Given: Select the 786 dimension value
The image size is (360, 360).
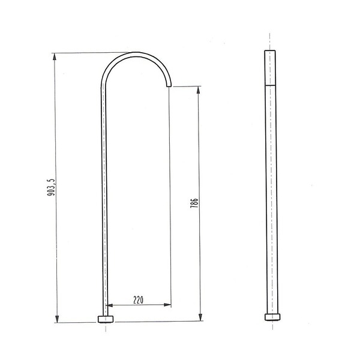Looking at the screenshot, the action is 194,203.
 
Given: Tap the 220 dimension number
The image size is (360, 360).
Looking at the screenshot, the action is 139,300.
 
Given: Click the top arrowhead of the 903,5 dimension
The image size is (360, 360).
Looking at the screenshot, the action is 54,56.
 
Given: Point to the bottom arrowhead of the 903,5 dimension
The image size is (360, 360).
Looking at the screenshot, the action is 57,319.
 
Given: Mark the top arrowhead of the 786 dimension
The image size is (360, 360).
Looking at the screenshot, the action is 198,90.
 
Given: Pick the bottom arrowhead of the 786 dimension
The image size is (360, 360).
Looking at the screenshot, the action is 200,317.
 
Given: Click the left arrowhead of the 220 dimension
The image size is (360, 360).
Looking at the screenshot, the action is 109,305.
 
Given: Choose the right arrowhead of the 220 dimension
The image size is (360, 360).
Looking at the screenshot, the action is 167,305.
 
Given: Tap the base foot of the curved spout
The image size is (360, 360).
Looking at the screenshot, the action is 106,319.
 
